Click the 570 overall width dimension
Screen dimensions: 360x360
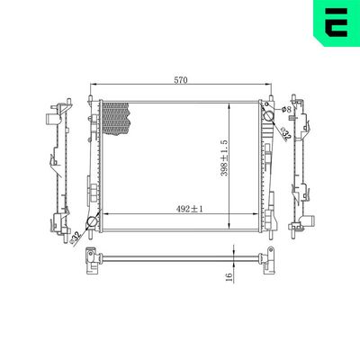click(x=180, y=80)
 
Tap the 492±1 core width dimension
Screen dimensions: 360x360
click(x=190, y=209)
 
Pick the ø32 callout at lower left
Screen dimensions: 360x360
click(x=76, y=237)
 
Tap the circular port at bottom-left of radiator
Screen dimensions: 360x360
click(x=91, y=223)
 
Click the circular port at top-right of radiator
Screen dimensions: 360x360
click(x=266, y=115)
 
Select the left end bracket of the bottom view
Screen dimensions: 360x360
click(x=92, y=260)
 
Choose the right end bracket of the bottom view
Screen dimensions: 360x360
click(x=265, y=260)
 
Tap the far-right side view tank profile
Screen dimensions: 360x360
click(x=301, y=162)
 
